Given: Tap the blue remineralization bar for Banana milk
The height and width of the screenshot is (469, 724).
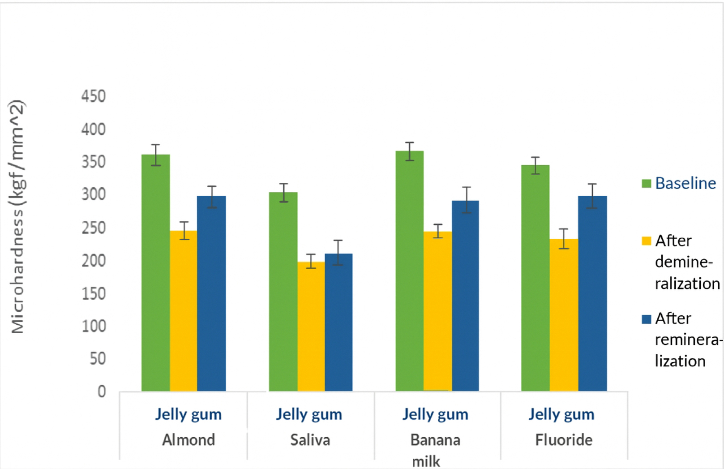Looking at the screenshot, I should tap(465, 296).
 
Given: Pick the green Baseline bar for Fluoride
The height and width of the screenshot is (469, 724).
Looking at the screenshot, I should tap(535, 278).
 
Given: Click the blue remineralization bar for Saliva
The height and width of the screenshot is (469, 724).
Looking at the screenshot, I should tap(338, 322).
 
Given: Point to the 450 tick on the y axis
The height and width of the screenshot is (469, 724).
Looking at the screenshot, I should tap(93, 96).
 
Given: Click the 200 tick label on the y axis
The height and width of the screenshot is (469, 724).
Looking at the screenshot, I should tap(93, 260).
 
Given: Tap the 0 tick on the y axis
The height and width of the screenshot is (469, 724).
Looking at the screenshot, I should tap(102, 392).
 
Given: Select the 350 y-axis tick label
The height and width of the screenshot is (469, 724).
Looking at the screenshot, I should tap(93, 162).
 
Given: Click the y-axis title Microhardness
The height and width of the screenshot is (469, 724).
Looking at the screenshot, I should tap(17, 217).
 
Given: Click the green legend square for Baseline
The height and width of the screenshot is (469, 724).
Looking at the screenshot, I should tap(646, 183).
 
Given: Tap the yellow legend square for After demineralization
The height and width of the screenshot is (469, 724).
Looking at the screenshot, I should tap(646, 241).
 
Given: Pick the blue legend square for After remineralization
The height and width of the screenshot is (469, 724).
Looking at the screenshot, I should tap(646, 319).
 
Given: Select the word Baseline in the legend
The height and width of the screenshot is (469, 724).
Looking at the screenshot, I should tap(685, 183).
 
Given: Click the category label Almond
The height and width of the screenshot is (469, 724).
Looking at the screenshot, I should tap(188, 440).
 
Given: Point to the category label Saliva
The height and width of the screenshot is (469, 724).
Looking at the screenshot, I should tap(310, 440).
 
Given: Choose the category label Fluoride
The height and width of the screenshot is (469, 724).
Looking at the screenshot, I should tap(564, 440).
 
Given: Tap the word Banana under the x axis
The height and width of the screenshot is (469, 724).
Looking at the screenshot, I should tap(435, 440).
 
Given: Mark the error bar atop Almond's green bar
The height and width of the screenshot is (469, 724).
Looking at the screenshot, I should tap(155, 155).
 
